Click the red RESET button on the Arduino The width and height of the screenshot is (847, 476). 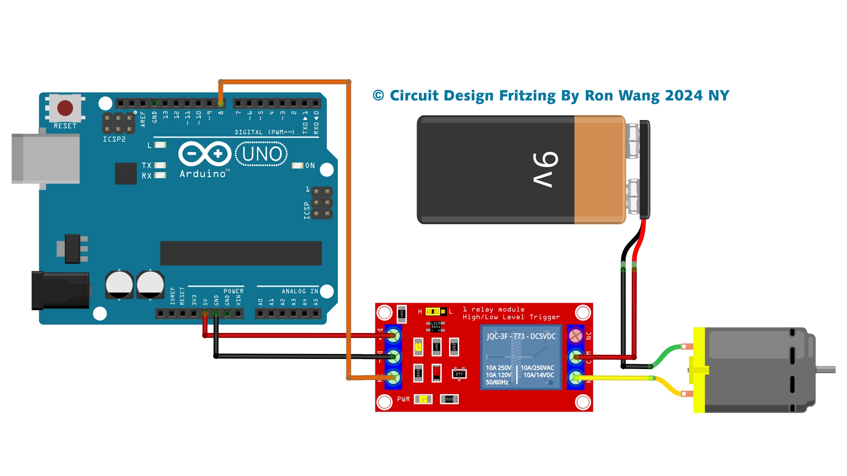click(x=65, y=108)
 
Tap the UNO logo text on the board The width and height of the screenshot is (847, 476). click(x=262, y=154)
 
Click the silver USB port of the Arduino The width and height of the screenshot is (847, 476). click(x=45, y=159)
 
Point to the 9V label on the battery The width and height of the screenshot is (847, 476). click(x=545, y=170)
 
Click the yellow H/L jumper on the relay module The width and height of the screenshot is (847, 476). click(x=435, y=312)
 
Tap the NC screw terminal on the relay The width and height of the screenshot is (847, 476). click(x=576, y=336)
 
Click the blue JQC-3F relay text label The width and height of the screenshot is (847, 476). click(x=521, y=336)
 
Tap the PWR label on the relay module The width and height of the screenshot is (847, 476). click(x=403, y=399)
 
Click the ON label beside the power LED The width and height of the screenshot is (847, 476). click(x=310, y=165)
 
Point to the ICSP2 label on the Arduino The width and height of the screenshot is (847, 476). click(x=114, y=139)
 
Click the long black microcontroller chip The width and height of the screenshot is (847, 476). click(x=241, y=253)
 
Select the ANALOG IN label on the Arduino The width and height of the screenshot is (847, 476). click(x=300, y=291)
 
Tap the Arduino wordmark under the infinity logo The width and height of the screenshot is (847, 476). click(x=203, y=174)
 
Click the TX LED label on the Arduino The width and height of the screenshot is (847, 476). click(x=147, y=165)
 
